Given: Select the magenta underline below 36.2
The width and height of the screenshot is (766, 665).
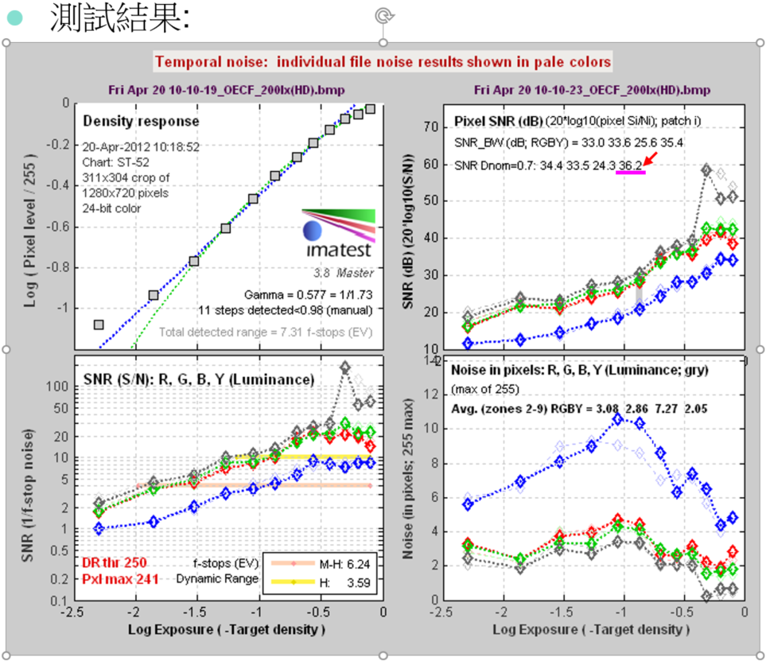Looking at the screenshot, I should [x=630, y=173].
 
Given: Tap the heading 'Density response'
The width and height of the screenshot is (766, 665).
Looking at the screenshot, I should [x=142, y=122].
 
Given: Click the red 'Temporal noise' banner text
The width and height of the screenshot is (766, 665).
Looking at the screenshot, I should [x=383, y=61].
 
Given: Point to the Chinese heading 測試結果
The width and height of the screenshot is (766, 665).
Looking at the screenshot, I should [x=119, y=18].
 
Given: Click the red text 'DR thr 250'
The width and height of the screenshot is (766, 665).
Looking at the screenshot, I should [x=113, y=562].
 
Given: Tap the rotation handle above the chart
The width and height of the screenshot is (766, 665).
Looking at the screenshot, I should [x=383, y=15].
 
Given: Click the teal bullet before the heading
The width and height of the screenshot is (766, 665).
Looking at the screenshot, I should [x=15, y=17].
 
